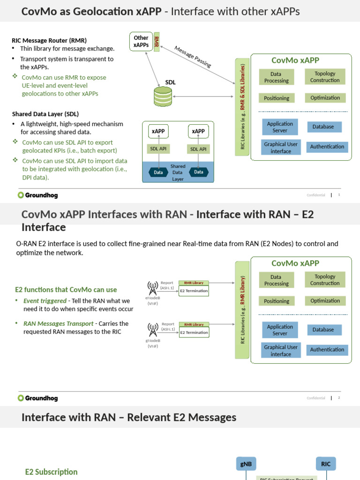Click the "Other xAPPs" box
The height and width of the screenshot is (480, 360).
pos(141,42)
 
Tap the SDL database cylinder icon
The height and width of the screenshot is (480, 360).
pos(163,96)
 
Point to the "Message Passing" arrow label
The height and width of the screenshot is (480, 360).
pos(193,57)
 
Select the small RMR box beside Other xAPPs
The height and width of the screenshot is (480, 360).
pos(157,42)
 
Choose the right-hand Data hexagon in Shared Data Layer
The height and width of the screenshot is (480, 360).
pos(199,172)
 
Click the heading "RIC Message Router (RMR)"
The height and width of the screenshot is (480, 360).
pos(49,41)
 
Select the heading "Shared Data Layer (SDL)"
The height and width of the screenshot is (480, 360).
pos(45,114)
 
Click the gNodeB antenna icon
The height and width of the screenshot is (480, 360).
pos(152,328)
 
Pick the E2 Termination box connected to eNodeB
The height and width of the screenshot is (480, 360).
pos(194,291)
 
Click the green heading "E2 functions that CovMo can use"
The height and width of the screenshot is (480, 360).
pos(66,290)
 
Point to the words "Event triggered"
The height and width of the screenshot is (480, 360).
pos(45,300)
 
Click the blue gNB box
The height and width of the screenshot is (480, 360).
pos(246,464)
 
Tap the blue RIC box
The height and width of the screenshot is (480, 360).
pos(326,464)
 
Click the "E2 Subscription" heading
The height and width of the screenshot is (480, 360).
pos(51,472)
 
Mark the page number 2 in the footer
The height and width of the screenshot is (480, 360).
pos(339,398)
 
